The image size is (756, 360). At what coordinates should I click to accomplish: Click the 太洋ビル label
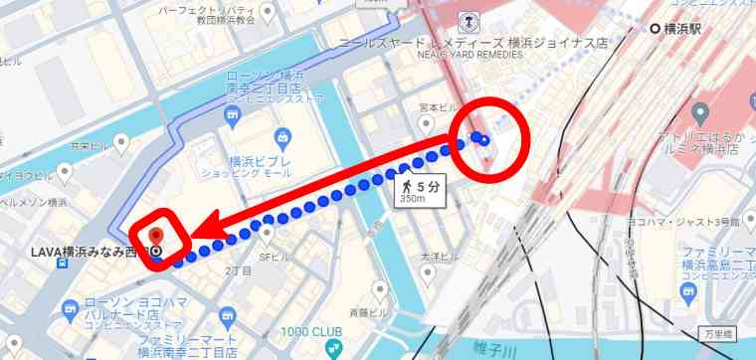pyautogui.click(x=439, y=257)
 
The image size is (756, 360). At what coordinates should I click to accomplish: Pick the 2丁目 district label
pyautogui.click(x=239, y=270)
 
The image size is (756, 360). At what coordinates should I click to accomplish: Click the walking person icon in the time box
pyautogui.click(x=407, y=185)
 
